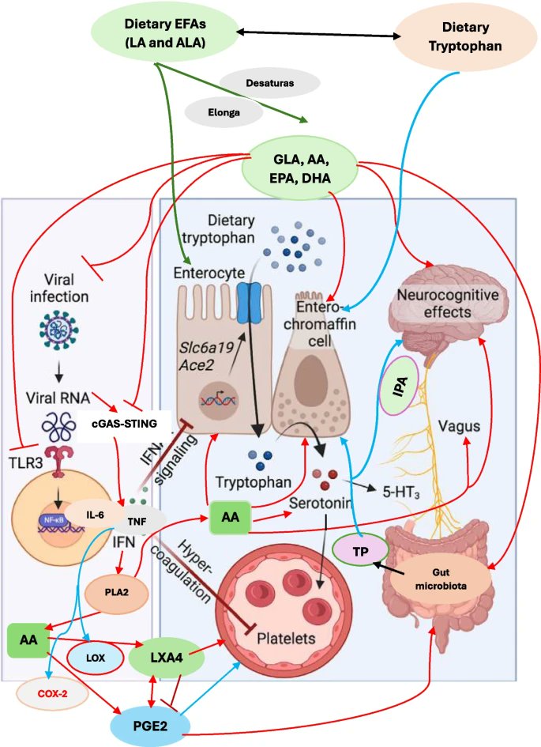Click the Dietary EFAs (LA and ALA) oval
point(164,33)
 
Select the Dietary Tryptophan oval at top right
point(465,36)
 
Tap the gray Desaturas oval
point(270,83)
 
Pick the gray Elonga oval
point(224,112)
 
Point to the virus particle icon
point(58,330)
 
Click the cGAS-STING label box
point(124,424)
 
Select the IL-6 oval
point(95,515)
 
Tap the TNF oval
point(138,521)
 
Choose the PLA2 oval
point(117,593)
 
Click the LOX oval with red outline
point(95,658)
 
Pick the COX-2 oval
point(52,694)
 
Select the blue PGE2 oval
point(150,726)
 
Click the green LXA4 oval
point(167,658)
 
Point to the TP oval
point(360,551)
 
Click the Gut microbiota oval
point(441,579)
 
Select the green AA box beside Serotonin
point(231,517)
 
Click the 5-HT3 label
point(401,492)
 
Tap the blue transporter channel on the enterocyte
point(250,303)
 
